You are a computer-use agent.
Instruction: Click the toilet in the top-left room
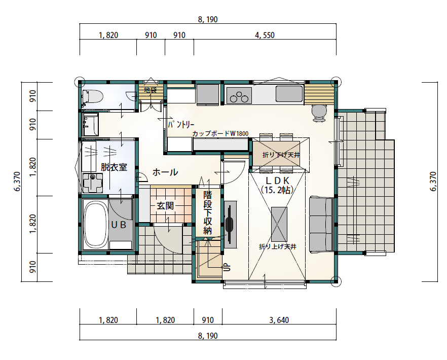point(93,96)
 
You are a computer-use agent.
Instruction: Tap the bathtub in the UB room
point(95,225)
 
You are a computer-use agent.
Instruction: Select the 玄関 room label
point(165,206)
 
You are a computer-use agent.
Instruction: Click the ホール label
point(165,172)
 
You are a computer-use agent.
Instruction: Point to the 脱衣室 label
point(114,167)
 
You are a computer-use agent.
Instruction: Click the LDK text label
point(278,181)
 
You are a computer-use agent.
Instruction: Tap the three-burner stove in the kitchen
point(239,95)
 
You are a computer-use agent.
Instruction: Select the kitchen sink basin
point(289,94)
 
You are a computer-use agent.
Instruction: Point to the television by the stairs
point(230,224)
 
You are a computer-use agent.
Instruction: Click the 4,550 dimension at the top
point(265,35)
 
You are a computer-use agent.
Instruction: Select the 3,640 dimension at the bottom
point(279,320)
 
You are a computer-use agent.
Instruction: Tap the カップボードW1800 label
point(220,133)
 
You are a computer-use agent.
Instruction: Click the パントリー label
point(181,125)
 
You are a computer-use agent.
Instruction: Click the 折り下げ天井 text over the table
point(281,155)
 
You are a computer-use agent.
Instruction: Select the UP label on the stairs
point(228,267)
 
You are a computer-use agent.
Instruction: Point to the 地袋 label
point(150,90)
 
